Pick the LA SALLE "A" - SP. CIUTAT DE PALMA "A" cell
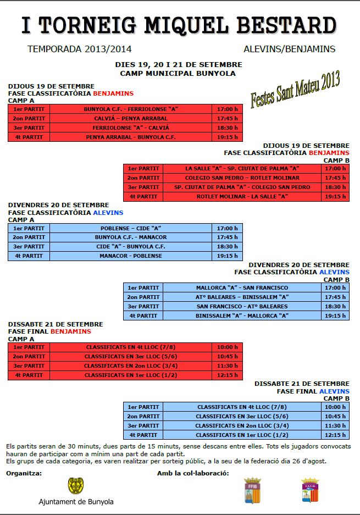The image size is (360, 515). tap(242, 169)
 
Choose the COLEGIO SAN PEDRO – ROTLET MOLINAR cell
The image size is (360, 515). tap(242, 178)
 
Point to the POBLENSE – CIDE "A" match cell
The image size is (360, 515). tap(131, 228)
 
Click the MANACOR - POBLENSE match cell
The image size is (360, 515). tap(131, 256)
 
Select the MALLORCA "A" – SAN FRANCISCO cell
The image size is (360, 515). tap(242, 287)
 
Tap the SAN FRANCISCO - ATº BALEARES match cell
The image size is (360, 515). tap(242, 306)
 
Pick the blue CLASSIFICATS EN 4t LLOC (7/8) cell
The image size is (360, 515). tap(242, 407)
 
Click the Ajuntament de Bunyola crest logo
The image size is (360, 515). tap(76, 486)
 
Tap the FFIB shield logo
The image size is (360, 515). tap(252, 490)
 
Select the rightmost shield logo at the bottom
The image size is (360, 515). tap(309, 490)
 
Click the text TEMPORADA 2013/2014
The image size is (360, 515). tap(79, 49)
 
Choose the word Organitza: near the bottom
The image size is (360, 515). tap(24, 473)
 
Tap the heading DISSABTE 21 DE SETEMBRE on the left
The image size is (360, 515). tap(56, 324)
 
